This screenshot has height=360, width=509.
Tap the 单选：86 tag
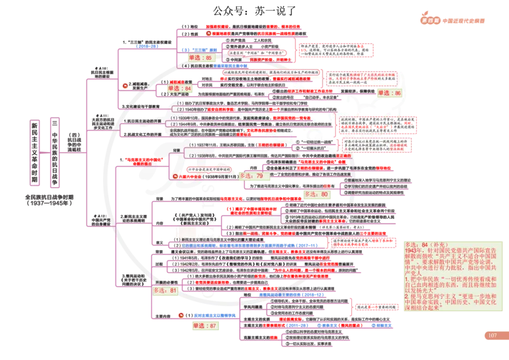(389, 93)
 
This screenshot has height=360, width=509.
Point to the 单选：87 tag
(204, 326)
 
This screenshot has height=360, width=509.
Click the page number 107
(492, 336)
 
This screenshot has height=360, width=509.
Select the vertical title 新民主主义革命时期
(34, 152)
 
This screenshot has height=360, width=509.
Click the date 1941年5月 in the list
(186, 258)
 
